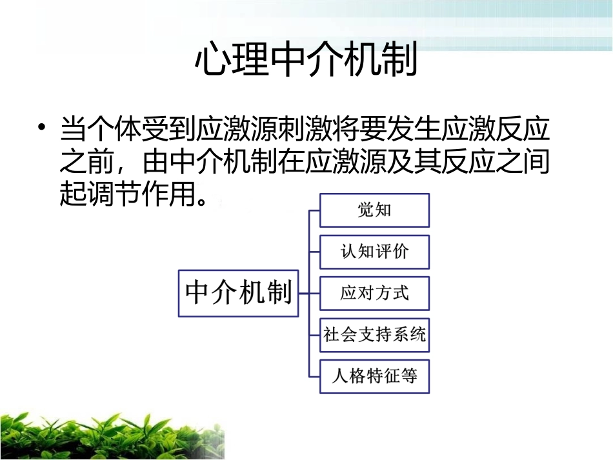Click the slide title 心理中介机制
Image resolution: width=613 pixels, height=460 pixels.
pyautogui.click(x=306, y=60)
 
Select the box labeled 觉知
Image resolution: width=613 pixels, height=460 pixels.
pyautogui.click(x=374, y=210)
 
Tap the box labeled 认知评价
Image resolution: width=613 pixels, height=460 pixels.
pyautogui.click(x=374, y=252)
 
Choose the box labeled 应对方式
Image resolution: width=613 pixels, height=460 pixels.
pyautogui.click(x=374, y=293)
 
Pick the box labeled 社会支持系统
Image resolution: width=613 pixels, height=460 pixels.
pyautogui.click(x=374, y=334)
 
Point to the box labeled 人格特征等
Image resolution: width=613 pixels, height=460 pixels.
pyautogui.click(x=374, y=375)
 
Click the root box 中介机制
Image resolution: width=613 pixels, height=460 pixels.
pyautogui.click(x=238, y=293)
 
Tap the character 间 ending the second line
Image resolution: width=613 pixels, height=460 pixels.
pyautogui.click(x=535, y=161)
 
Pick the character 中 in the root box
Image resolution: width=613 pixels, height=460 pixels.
pyautogui.click(x=198, y=293)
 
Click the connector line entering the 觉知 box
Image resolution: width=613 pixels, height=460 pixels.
pyautogui.click(x=314, y=210)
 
